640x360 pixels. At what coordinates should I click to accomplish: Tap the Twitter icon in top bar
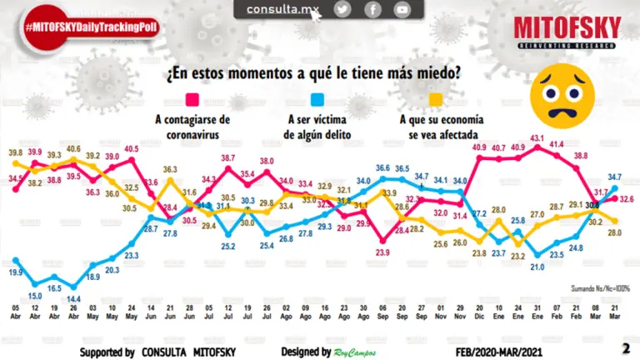[342, 9]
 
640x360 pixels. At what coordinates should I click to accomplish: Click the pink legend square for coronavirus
[192, 102]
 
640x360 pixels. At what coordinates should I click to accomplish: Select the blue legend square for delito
[317, 102]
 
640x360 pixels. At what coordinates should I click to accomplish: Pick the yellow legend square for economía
[435, 102]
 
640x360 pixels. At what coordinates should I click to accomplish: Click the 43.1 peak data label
[537, 138]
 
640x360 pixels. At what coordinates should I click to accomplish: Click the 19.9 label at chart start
[15, 272]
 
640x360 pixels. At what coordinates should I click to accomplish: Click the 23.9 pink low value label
[383, 252]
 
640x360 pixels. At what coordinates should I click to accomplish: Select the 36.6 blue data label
[383, 168]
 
